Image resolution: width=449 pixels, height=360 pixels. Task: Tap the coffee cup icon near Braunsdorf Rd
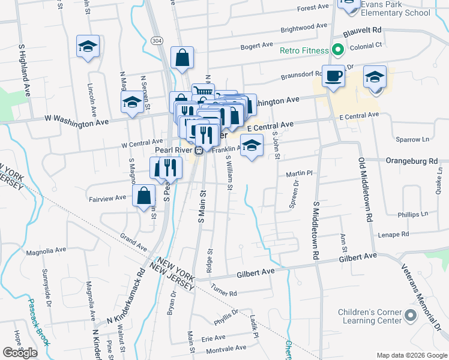coord(333,76)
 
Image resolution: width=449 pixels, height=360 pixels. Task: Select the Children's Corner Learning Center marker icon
coord(411,315)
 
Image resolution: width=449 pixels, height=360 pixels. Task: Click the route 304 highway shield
coord(157,40)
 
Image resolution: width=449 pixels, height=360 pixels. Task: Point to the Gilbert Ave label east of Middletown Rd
coord(358,256)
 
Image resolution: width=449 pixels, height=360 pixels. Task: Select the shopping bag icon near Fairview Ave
coord(143,196)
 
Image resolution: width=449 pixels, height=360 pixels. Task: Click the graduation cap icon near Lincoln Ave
coord(88,46)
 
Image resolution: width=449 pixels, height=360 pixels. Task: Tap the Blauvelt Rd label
coord(363,29)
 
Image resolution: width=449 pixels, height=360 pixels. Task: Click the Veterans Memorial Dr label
coord(421,296)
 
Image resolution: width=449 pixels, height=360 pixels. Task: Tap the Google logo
coord(20,352)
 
